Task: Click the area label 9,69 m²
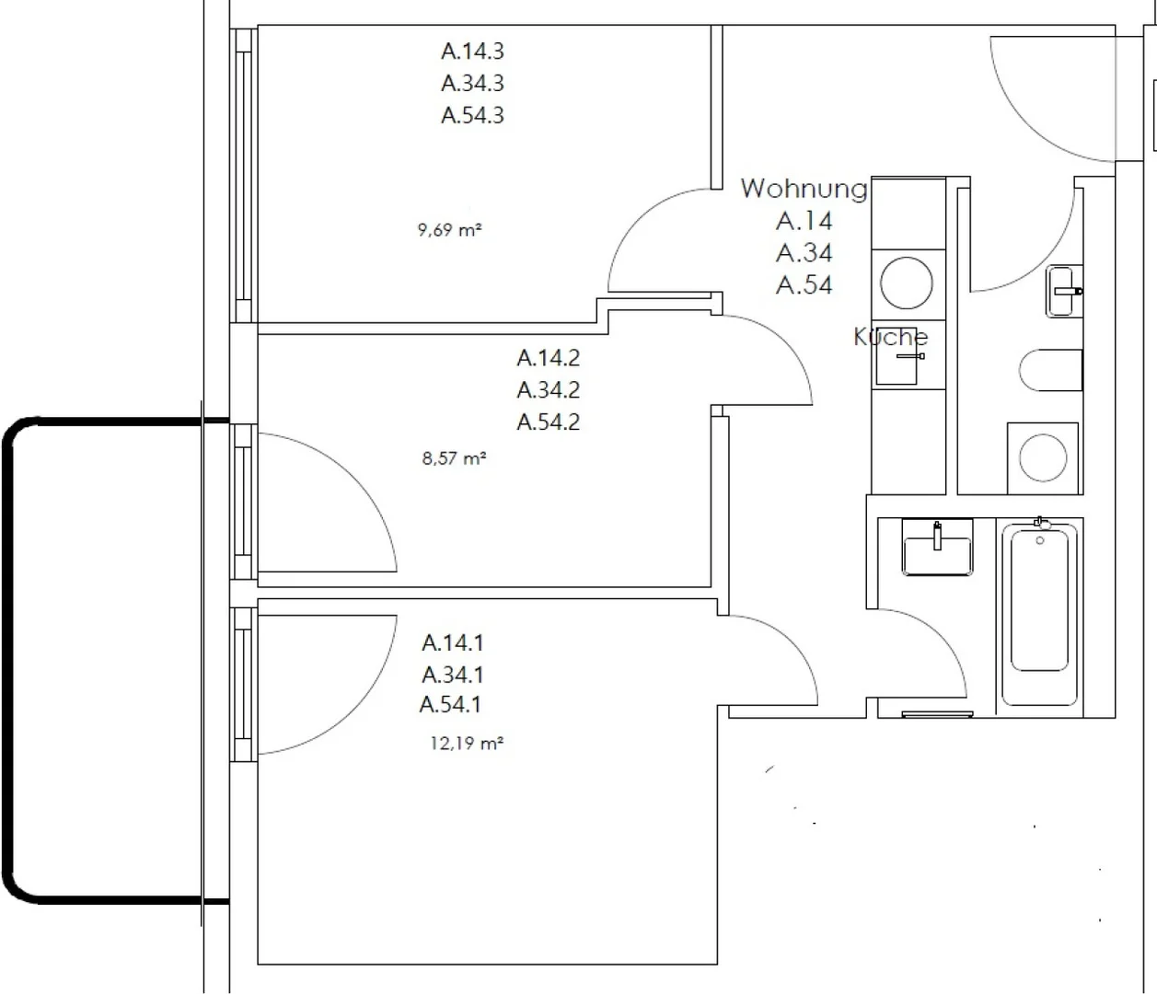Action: (450, 230)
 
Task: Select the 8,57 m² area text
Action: (454, 458)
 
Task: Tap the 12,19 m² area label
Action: (467, 744)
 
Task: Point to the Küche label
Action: (891, 337)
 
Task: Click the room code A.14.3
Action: (472, 52)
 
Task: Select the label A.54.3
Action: (472, 115)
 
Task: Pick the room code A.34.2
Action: (548, 390)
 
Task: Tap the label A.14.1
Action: (452, 643)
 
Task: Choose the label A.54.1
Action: (451, 705)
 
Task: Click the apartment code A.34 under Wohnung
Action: (804, 253)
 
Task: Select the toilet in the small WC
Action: (1050, 370)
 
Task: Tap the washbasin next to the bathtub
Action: (938, 548)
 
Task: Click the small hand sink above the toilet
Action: (1063, 291)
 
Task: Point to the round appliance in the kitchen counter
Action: (907, 283)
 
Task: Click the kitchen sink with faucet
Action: (898, 356)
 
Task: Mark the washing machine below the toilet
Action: (1043, 457)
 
